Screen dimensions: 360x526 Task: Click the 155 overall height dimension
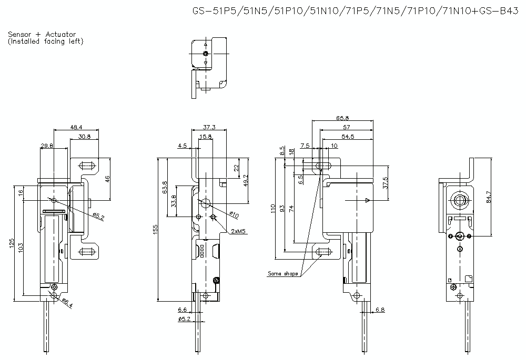point(156,229)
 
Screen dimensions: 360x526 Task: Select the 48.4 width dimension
point(77,127)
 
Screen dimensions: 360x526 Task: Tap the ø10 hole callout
point(234,214)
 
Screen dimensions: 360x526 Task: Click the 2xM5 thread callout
point(238,230)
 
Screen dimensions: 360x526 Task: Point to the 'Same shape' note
point(282,273)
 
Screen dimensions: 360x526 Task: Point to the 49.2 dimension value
point(245,180)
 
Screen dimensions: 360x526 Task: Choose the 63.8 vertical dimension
point(165,187)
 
